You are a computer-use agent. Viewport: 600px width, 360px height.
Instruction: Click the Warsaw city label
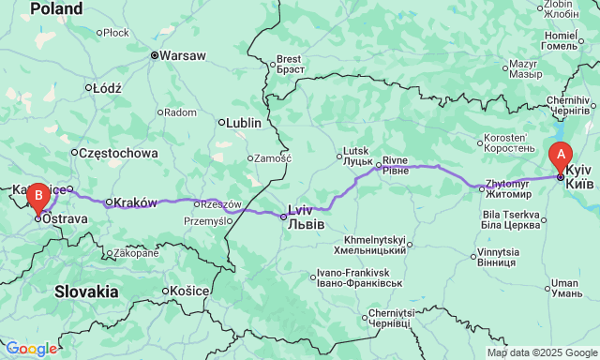(x=182, y=55)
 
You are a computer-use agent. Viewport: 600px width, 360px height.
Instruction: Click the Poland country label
(x=55, y=8)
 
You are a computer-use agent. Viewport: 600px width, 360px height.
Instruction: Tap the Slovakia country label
(x=85, y=292)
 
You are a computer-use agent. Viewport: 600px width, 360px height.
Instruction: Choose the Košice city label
(x=188, y=292)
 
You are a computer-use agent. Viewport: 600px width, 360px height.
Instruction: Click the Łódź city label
(x=103, y=88)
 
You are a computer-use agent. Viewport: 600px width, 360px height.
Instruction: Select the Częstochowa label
(x=118, y=153)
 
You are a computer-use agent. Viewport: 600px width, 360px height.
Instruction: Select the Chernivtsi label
(x=397, y=318)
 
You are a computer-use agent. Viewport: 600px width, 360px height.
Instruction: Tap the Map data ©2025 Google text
(x=541, y=352)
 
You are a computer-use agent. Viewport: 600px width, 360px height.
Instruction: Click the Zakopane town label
(x=136, y=253)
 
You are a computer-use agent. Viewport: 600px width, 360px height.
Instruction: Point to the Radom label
(x=179, y=112)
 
